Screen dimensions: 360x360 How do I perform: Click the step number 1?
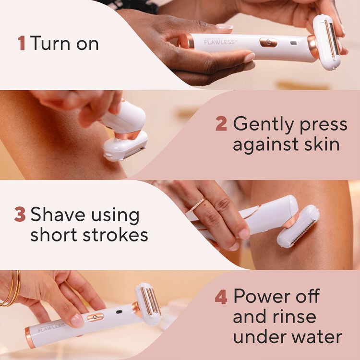21,43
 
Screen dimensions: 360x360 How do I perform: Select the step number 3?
20,215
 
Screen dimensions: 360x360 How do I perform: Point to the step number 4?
221,297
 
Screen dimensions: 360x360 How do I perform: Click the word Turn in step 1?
52,43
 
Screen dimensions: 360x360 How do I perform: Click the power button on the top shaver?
268,42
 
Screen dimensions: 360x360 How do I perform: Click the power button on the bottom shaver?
95,317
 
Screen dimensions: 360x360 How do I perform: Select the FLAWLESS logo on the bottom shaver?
51,328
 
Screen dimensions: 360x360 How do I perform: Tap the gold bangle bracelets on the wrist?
11,288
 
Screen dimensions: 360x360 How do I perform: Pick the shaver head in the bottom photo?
148,303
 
